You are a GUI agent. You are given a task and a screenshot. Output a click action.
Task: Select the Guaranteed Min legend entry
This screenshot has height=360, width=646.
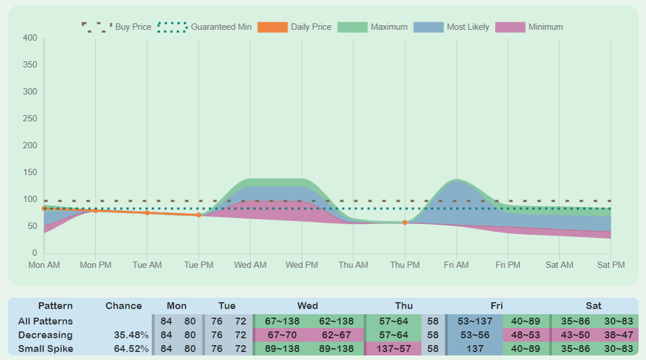(204, 27)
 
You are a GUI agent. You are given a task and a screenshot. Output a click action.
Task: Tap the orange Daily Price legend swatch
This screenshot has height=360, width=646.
(273, 27)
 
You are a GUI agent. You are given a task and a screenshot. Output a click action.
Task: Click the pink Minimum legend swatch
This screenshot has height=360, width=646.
(510, 27)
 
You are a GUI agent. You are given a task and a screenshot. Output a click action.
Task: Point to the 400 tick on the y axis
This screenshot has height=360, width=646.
(30, 38)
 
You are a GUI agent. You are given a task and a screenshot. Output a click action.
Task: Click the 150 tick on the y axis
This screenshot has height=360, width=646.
(30, 173)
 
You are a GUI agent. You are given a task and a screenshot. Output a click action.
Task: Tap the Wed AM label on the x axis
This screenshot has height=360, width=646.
(250, 265)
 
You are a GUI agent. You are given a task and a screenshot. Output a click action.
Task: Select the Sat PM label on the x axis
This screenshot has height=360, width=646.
(610, 265)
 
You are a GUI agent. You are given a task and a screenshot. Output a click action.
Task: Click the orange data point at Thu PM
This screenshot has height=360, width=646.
(405, 223)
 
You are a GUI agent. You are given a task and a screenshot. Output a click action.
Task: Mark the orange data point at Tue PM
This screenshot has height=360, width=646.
(199, 215)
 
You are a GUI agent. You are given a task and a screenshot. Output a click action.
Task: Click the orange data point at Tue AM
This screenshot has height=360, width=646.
(147, 213)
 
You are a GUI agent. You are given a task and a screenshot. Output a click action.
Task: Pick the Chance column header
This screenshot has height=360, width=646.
(124, 306)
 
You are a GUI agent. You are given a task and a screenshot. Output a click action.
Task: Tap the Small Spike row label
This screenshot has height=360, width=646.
(46, 349)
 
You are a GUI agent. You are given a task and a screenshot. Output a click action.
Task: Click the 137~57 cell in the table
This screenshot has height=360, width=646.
(393, 349)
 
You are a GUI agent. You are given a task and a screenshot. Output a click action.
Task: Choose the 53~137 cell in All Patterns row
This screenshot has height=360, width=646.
(475, 321)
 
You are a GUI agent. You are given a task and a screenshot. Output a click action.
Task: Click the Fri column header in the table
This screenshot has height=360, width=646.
(497, 306)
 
